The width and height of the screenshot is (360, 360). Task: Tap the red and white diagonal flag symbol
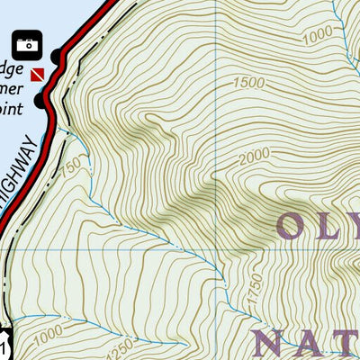click(x=37, y=73)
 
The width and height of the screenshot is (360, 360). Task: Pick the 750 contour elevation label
click(x=71, y=166)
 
